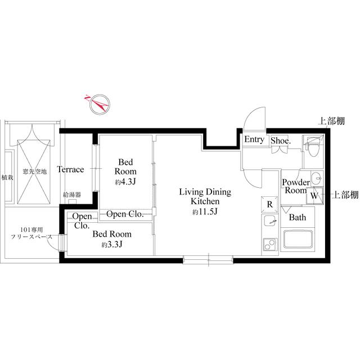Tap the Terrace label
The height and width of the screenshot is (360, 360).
click(70, 169)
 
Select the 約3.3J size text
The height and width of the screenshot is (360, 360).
click(112, 245)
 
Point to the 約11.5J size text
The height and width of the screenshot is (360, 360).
click(204, 211)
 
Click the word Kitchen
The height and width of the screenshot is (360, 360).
click(204, 201)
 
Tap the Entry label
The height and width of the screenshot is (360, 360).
click(254, 140)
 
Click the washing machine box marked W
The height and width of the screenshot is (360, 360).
click(313, 196)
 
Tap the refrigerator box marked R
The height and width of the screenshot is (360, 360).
click(269, 204)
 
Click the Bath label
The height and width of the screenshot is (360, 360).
click(297, 217)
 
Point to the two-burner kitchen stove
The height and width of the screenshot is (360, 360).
click(269, 245)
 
